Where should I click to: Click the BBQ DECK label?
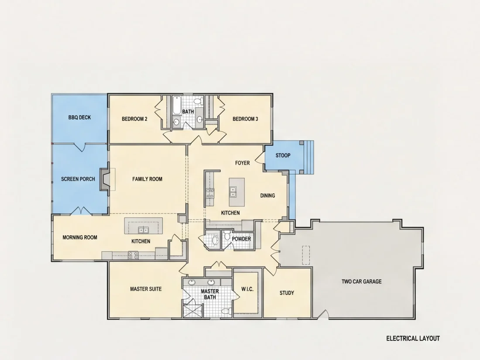(x=79, y=117)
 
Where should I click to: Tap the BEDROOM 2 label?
(x=134, y=119)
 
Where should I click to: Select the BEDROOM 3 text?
(x=245, y=119)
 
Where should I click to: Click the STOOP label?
(x=283, y=155)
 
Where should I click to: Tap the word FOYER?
(x=243, y=163)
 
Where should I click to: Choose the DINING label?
(x=267, y=195)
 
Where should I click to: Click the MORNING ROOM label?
(x=80, y=237)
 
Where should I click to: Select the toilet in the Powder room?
(x=227, y=235)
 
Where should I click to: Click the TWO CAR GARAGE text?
(x=362, y=281)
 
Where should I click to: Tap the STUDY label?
(x=287, y=293)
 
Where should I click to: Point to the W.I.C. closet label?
(x=247, y=289)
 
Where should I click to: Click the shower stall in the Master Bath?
(x=190, y=311)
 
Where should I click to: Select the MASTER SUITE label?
(x=146, y=289)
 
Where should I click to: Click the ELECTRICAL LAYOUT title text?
(x=413, y=338)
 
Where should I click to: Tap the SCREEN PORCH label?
(x=78, y=179)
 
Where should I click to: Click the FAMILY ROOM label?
(x=147, y=179)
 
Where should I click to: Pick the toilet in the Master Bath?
(x=226, y=311)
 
